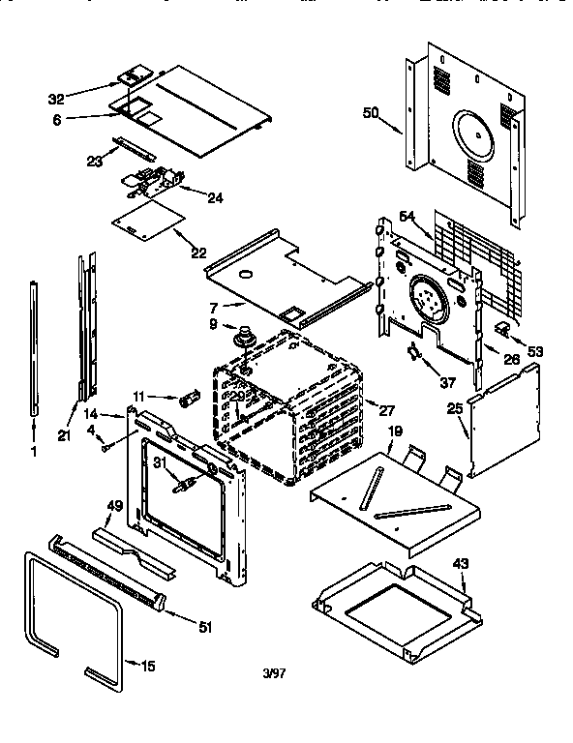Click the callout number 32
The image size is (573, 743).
click(x=55, y=98)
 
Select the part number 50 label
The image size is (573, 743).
click(x=370, y=113)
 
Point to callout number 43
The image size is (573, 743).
click(x=462, y=563)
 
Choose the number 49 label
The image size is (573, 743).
click(x=113, y=505)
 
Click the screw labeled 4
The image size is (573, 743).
click(x=105, y=446)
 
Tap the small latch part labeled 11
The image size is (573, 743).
click(x=190, y=397)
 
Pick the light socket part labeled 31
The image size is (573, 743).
click(x=184, y=481)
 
